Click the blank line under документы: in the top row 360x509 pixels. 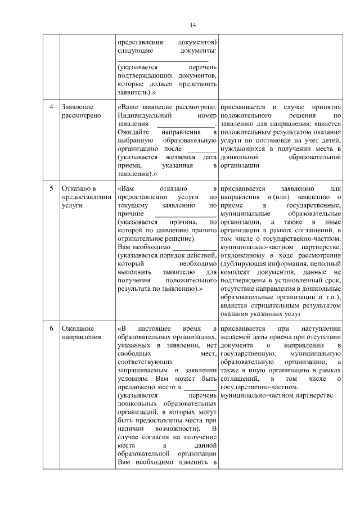pos(163,60)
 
